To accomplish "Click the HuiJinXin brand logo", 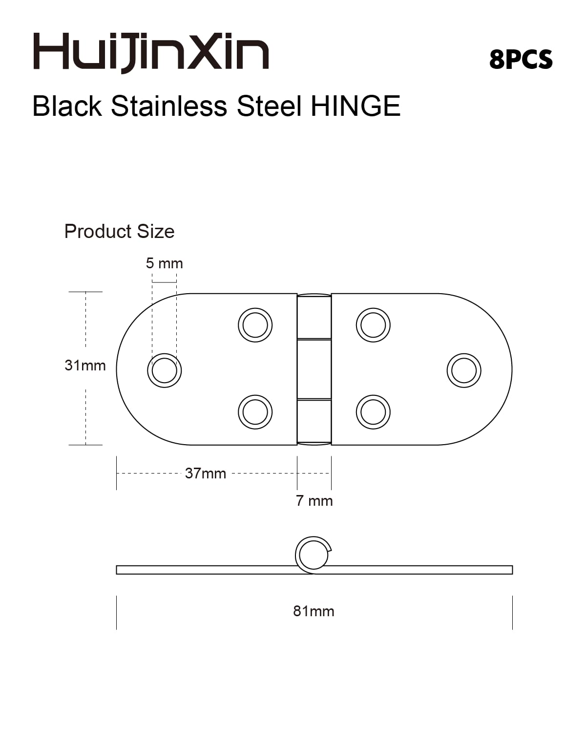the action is pyautogui.click(x=151, y=53).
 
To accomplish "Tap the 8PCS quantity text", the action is pyautogui.click(x=521, y=60).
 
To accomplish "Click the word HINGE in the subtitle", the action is pyautogui.click(x=356, y=106).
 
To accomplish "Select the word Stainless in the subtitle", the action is pyautogui.click(x=169, y=106).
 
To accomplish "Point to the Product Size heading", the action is pyautogui.click(x=119, y=232).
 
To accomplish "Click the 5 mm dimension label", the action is pyautogui.click(x=164, y=263).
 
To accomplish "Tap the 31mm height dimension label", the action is pyautogui.click(x=85, y=366).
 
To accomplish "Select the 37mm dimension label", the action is pyautogui.click(x=205, y=474).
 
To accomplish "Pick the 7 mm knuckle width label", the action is pyautogui.click(x=314, y=501).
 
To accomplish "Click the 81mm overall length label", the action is pyautogui.click(x=314, y=611).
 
